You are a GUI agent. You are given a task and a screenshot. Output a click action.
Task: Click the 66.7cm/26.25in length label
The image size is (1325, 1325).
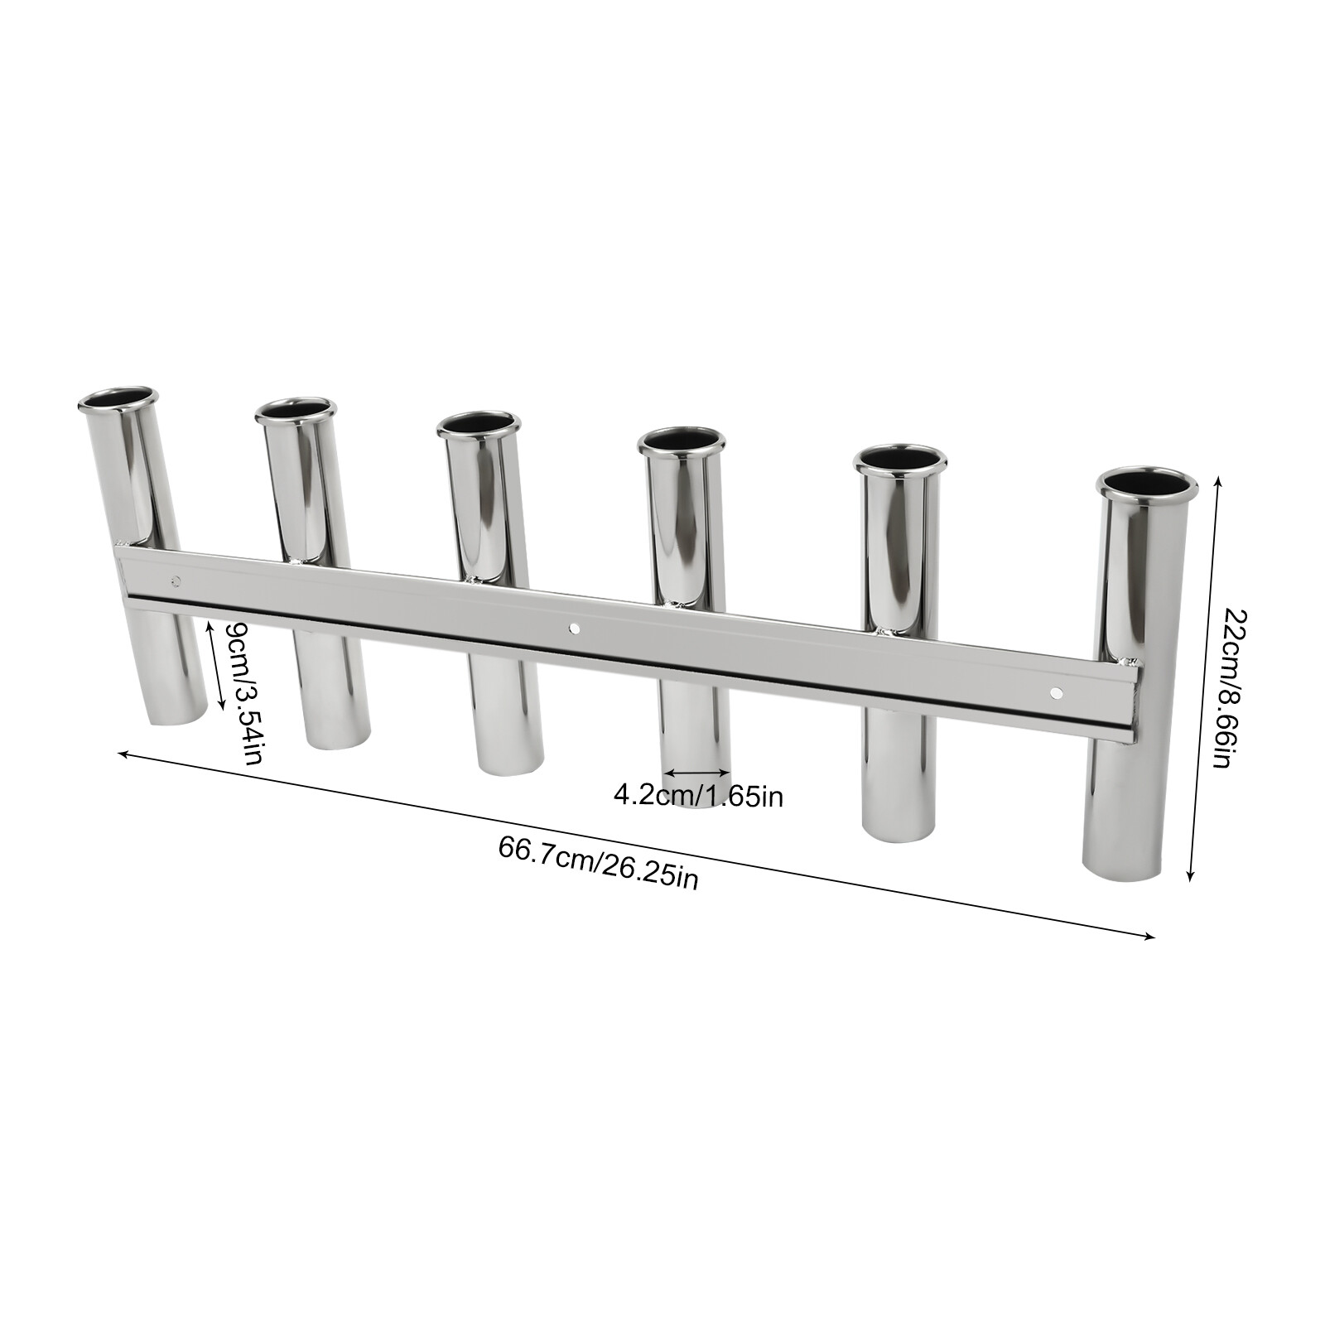[598, 862]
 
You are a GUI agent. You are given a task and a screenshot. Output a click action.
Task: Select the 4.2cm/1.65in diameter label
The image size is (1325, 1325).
[698, 797]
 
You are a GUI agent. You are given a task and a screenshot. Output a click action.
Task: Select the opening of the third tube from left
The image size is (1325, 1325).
[479, 424]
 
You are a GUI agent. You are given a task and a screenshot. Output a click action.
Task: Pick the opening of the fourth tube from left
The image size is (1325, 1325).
[681, 440]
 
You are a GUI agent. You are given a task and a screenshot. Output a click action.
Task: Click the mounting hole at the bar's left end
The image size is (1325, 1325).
[175, 579]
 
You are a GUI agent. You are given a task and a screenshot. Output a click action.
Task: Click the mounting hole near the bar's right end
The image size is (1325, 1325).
[1055, 691]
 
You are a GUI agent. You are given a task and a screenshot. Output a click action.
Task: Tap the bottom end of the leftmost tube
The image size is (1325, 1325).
[176, 716]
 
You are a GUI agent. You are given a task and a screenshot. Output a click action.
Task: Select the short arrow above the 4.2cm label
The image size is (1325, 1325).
[697, 773]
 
